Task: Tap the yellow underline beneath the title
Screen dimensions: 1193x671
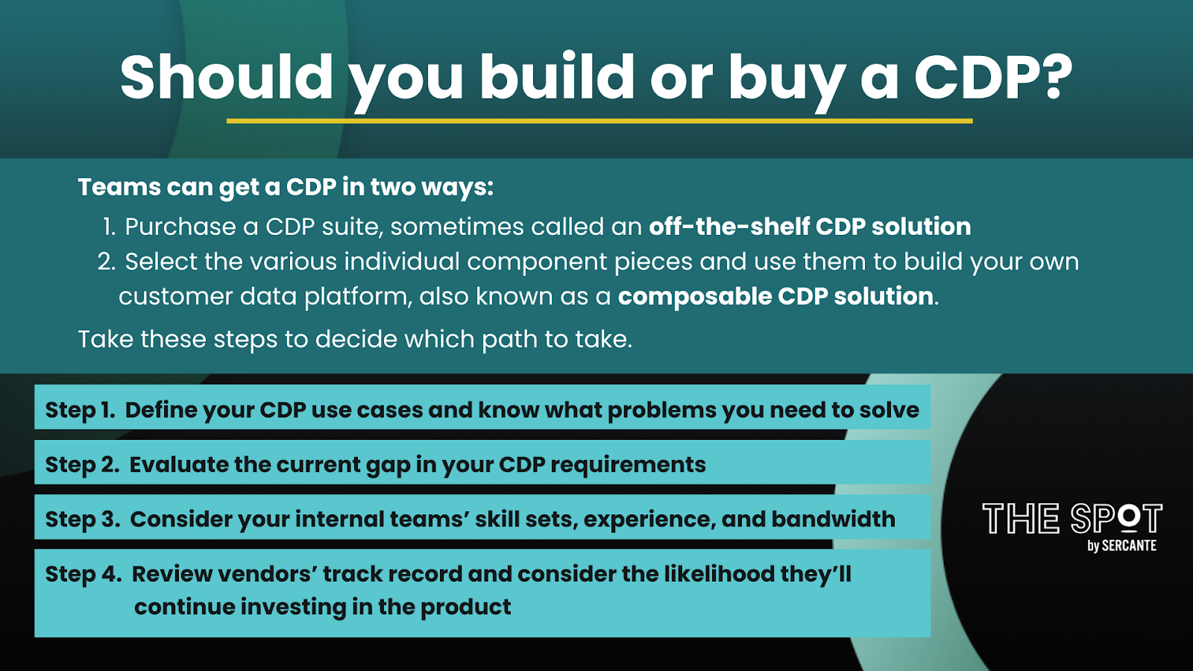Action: click(x=599, y=121)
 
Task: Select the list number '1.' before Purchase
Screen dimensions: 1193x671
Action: click(x=109, y=227)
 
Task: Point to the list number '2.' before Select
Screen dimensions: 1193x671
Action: click(x=107, y=262)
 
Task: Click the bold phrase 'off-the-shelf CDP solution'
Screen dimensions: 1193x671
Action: click(x=810, y=227)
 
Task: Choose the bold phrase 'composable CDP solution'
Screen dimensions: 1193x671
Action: click(x=775, y=296)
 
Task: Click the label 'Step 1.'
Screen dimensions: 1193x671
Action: click(x=80, y=410)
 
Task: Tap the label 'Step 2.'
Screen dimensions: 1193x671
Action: click(x=82, y=464)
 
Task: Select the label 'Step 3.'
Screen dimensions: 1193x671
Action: click(x=83, y=519)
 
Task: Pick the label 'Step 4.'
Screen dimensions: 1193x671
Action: click(x=84, y=574)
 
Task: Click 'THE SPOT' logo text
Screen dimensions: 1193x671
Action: click(x=1072, y=518)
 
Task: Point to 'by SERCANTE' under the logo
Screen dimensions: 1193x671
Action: click(x=1121, y=545)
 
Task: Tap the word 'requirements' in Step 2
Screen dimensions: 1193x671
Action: click(x=628, y=465)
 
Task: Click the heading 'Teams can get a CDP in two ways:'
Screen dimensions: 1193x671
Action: click(x=286, y=187)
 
